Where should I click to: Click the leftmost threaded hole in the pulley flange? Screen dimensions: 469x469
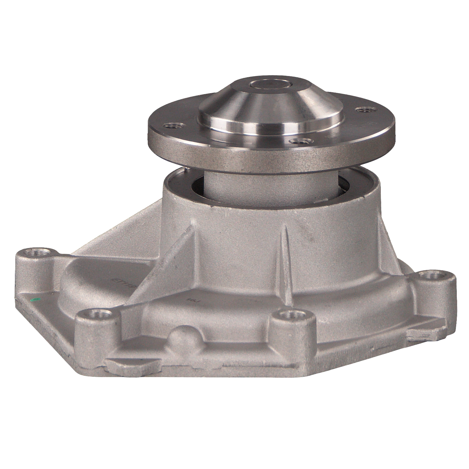pos(171,126)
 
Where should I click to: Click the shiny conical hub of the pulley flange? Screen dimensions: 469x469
pos(269,109)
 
